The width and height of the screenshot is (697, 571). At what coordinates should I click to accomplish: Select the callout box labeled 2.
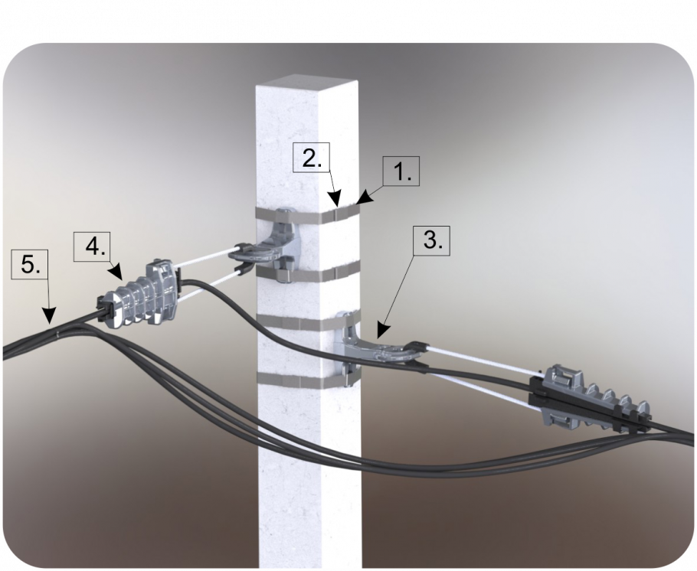point(312,158)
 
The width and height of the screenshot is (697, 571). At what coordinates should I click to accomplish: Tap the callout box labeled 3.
point(432,241)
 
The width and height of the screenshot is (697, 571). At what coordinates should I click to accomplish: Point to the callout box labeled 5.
point(29,266)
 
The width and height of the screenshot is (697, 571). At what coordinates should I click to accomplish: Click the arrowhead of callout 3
point(382,331)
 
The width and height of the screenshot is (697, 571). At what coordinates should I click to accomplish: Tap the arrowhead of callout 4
point(116,272)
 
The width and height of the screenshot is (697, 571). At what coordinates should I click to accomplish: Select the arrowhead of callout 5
point(49,315)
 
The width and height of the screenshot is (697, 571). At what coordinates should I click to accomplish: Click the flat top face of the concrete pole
point(306,84)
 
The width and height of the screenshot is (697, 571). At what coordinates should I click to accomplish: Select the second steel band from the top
point(308,272)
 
